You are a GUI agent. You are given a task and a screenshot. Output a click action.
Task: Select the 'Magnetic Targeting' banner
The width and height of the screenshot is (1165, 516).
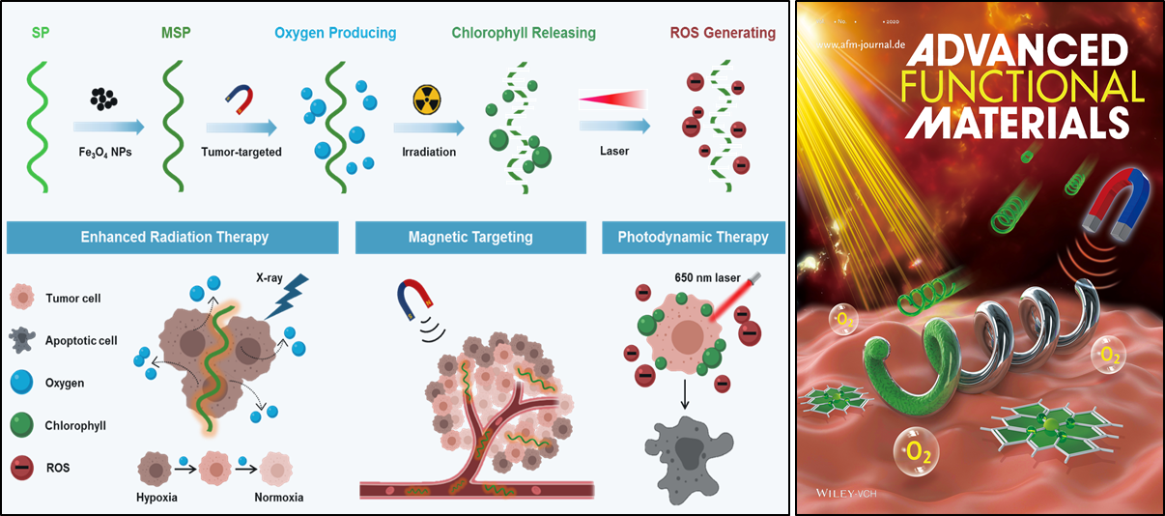click(470, 237)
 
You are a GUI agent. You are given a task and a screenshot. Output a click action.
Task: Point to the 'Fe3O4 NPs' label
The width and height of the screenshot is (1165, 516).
click(108, 152)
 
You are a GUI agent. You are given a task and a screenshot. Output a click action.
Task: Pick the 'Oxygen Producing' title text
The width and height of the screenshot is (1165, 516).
click(335, 33)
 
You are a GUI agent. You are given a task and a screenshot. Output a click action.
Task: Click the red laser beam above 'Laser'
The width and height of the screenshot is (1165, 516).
click(612, 100)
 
